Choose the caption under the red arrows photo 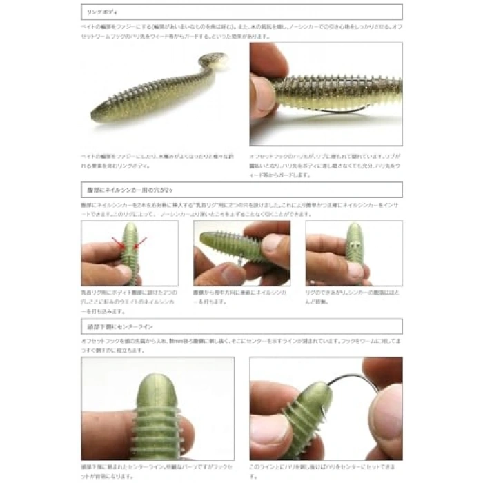coord(128,303)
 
